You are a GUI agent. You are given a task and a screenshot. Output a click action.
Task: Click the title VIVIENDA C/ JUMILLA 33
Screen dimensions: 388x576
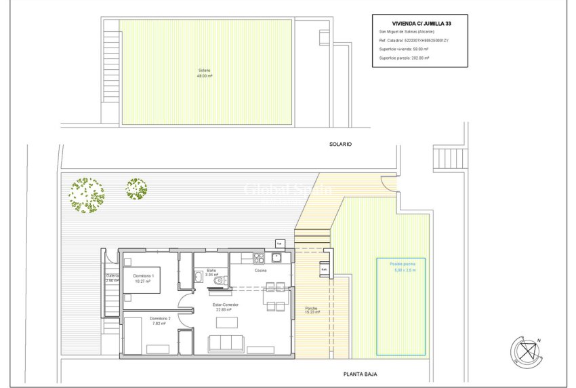(420, 23)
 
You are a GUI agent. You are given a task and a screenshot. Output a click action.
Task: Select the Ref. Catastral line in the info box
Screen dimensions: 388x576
(414, 41)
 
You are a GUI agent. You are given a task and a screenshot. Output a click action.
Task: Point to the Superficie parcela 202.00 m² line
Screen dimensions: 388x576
(405, 58)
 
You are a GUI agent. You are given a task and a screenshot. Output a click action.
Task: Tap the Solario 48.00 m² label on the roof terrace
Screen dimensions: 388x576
(204, 73)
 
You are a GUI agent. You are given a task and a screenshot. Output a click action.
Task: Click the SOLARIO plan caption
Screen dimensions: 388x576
(342, 144)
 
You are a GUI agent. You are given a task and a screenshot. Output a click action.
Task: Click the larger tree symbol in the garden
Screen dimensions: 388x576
(87, 195)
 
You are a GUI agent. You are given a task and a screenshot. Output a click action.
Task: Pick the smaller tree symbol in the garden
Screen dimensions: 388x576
(136, 189)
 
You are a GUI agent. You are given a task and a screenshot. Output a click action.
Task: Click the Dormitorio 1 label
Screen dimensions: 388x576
(143, 278)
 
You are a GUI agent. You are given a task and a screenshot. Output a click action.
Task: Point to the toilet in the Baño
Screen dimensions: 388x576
(218, 282)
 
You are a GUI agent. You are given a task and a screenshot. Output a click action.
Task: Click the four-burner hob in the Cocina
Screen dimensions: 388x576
(258, 258)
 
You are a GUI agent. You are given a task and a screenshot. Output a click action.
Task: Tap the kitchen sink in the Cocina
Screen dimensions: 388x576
(276, 258)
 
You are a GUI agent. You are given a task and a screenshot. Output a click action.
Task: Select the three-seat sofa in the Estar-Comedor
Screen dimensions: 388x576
(226, 343)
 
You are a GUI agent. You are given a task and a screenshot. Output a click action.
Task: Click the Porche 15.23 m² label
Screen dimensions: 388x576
(311, 310)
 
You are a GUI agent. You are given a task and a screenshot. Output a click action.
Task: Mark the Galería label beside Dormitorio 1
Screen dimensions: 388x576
(112, 277)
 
